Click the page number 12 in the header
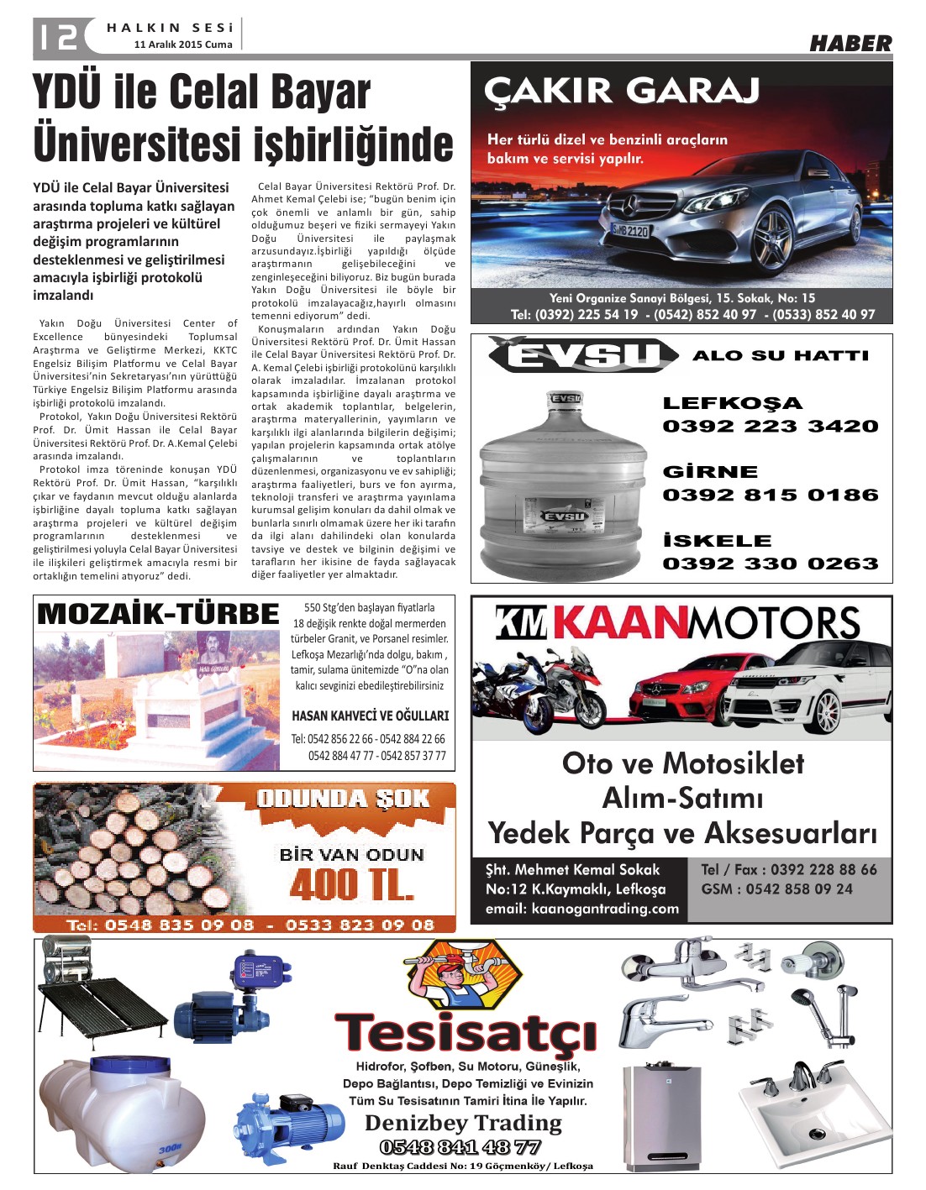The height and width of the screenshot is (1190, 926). point(57,36)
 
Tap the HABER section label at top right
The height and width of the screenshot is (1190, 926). point(850,44)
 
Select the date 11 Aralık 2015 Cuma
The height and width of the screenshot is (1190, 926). point(183,45)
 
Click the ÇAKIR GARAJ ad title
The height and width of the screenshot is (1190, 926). point(623,90)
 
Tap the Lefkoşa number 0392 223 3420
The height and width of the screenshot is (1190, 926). point(771,426)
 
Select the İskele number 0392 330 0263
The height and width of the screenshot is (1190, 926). point(771,564)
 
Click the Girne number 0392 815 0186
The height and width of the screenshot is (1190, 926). point(771,495)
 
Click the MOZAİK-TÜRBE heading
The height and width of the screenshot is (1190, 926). point(158,614)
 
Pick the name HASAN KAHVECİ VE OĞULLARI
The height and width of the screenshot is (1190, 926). point(370,716)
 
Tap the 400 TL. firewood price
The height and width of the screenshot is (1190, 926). point(351,885)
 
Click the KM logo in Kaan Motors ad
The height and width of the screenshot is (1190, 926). point(520,623)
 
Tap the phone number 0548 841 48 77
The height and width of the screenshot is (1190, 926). point(460,1147)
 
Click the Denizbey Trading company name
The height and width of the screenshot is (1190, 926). point(463,1123)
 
